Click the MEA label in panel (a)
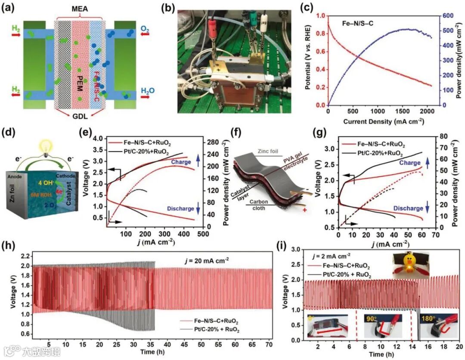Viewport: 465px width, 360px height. [x=79, y=9]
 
